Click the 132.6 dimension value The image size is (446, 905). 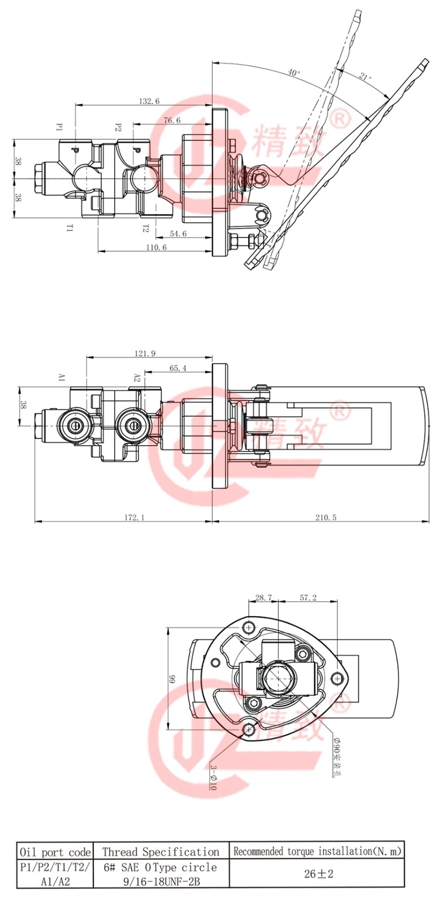(x=149, y=101)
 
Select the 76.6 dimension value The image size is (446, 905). (x=172, y=120)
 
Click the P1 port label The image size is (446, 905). (x=59, y=127)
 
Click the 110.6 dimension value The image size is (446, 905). (x=157, y=247)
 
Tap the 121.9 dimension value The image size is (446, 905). (x=145, y=354)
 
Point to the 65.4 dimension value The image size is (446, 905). (x=177, y=368)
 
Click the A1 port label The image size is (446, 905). (x=62, y=377)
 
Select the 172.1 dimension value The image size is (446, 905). (x=134, y=517)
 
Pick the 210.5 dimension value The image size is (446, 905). (x=326, y=517)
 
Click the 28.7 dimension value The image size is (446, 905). (x=263, y=597)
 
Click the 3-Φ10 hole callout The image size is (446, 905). (x=213, y=777)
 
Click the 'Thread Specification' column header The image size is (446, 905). (x=161, y=852)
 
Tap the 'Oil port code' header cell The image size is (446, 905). (x=55, y=852)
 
